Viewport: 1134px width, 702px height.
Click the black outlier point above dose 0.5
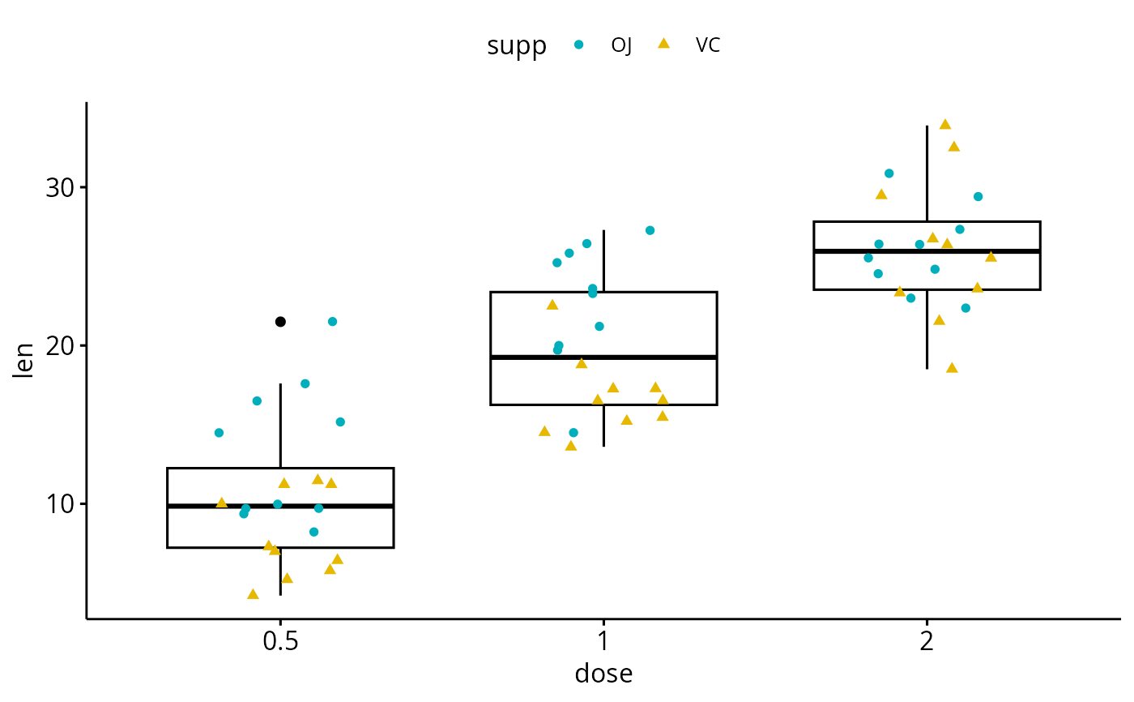pos(280,322)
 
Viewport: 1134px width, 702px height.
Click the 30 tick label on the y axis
pos(58,187)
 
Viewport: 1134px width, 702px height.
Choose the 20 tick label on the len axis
pos(58,345)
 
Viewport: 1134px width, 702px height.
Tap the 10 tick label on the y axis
pos(58,503)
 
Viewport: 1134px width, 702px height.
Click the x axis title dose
pos(603,674)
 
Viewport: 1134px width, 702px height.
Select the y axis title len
pos(25,362)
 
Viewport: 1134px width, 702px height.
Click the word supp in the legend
pos(517,46)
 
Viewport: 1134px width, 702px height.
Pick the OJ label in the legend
pos(621,45)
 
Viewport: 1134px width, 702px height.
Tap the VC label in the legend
pos(708,45)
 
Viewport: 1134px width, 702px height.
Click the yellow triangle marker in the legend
pos(663,44)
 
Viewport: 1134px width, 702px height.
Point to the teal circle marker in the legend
pos(578,45)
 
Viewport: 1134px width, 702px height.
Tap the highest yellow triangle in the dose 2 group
pos(944,124)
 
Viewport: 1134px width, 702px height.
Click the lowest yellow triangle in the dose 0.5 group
pos(253,594)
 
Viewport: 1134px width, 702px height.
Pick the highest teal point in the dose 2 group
pos(889,173)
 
